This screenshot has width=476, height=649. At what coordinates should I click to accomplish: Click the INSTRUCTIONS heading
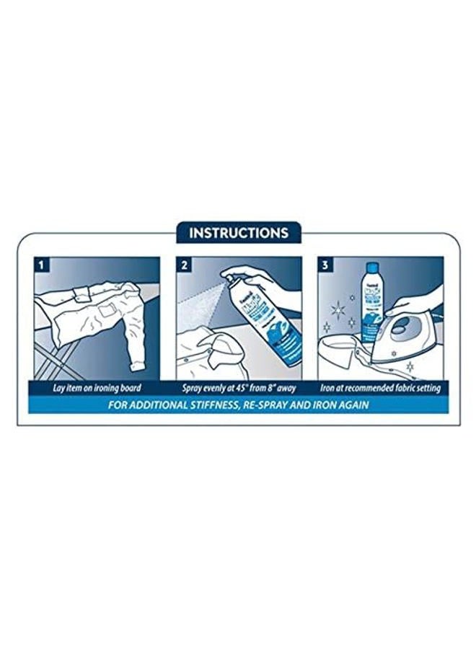coord(238,233)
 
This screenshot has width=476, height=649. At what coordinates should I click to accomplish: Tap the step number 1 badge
coord(42,265)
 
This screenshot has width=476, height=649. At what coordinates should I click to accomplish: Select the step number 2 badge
coord(184,265)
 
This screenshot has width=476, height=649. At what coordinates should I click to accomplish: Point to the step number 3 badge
coord(325,265)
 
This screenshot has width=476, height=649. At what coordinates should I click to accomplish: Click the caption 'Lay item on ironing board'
coord(97,388)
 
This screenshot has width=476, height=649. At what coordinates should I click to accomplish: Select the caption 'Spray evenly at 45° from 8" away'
coord(238,388)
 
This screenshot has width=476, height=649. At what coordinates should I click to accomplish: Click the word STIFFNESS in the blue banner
coord(206,405)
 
